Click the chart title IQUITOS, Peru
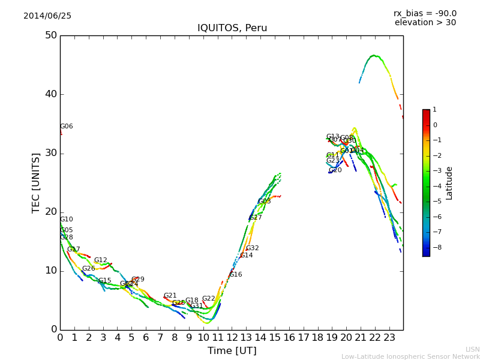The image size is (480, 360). (232, 28)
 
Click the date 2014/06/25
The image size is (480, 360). (47, 16)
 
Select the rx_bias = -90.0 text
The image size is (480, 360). (425, 14)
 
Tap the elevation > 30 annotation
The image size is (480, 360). (425, 23)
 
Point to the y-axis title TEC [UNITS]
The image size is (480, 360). (36, 182)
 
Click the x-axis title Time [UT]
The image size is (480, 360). (232, 351)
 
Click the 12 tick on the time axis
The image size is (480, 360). (232, 338)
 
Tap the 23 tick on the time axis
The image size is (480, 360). (389, 338)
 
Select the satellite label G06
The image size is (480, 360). (67, 127)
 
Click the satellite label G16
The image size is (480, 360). (236, 275)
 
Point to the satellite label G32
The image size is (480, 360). (253, 248)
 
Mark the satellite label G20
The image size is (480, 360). (335, 170)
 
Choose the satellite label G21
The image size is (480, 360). (170, 296)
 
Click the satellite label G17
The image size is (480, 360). (74, 250)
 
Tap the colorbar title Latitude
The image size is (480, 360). (449, 183)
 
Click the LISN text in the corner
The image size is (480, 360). (473, 349)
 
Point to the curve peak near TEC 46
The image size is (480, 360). (374, 56)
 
